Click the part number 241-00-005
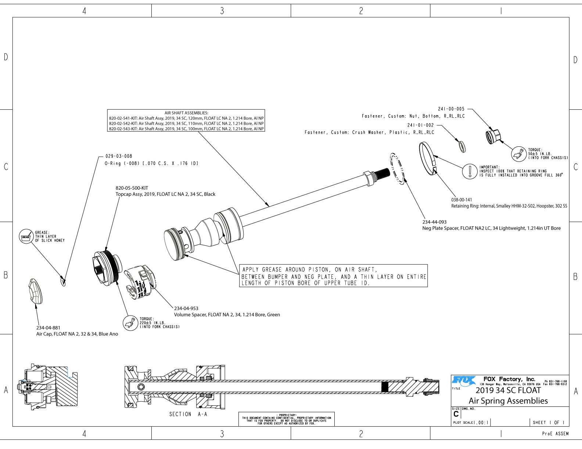click(x=451, y=109)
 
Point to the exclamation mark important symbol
click(x=470, y=171)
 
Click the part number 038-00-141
click(x=461, y=200)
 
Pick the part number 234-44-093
click(x=434, y=222)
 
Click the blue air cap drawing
click(x=35, y=292)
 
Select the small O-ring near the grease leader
click(x=63, y=282)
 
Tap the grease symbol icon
click(x=26, y=237)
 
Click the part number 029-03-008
click(x=119, y=156)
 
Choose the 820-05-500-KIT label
click(x=132, y=188)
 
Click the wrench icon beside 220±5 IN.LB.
click(x=129, y=323)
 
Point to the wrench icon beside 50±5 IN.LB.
click(x=519, y=154)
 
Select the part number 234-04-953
click(x=186, y=309)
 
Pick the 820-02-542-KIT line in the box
click(x=186, y=124)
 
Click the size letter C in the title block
click(x=456, y=414)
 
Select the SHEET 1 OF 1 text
click(x=549, y=423)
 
